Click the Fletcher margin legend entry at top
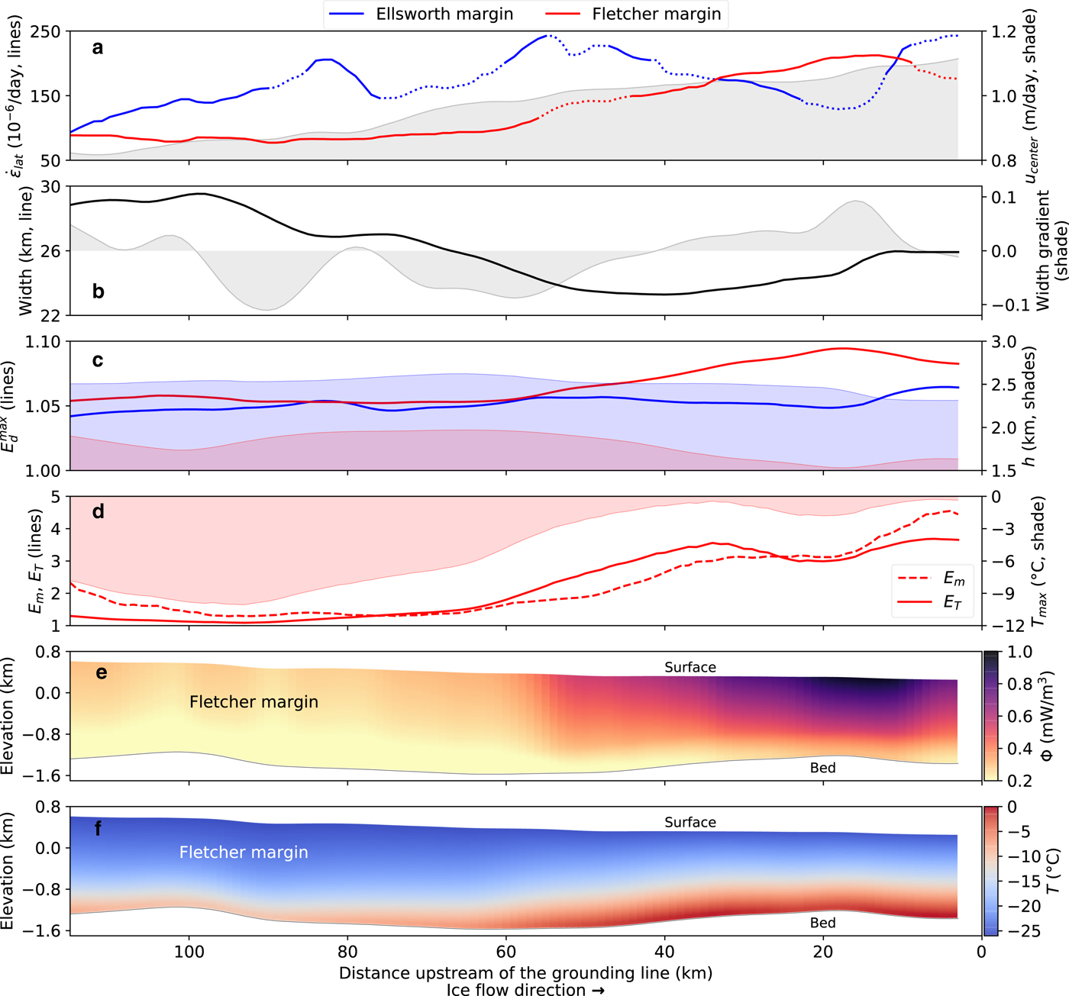(656, 15)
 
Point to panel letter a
(98, 48)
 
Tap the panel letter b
(98, 292)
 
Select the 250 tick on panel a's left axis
(45, 32)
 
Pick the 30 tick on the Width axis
(50, 187)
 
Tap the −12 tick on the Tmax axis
(1007, 626)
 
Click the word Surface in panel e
(690, 667)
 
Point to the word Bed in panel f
(822, 923)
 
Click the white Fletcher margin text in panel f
(244, 853)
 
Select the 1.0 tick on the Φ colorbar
(1019, 653)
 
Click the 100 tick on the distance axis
(189, 952)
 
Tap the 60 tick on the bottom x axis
(506, 952)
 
